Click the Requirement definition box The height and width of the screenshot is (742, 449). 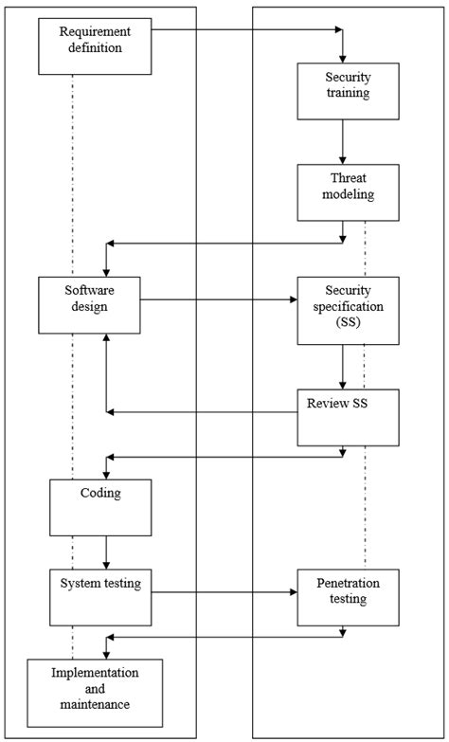[x=95, y=45]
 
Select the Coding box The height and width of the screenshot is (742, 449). [x=102, y=507]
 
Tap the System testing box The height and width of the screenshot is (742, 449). [x=101, y=596]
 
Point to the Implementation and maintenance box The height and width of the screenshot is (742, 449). [x=81, y=689]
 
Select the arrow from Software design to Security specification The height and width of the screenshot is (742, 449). [x=219, y=302]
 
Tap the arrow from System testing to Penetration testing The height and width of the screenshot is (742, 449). [x=224, y=593]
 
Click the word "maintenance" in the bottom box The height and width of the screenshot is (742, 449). [x=81, y=704]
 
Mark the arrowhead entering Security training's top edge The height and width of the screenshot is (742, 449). [x=343, y=59]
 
